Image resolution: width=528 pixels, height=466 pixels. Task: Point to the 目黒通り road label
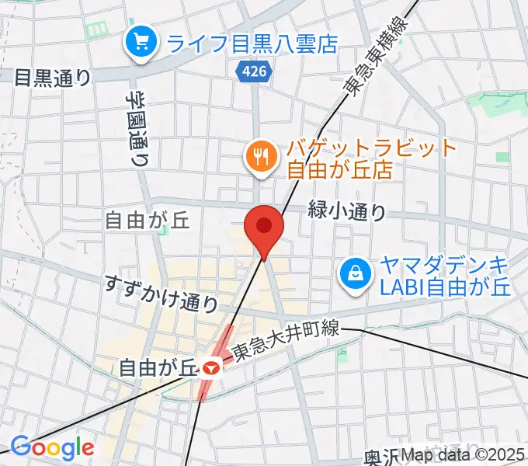click(x=54, y=78)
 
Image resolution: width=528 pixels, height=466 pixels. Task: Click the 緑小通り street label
click(x=347, y=210)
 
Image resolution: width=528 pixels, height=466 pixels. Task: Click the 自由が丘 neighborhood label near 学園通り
click(x=148, y=222)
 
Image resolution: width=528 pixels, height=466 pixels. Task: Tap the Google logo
click(x=52, y=447)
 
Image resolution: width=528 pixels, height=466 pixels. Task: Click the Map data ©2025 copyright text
click(x=463, y=456)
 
